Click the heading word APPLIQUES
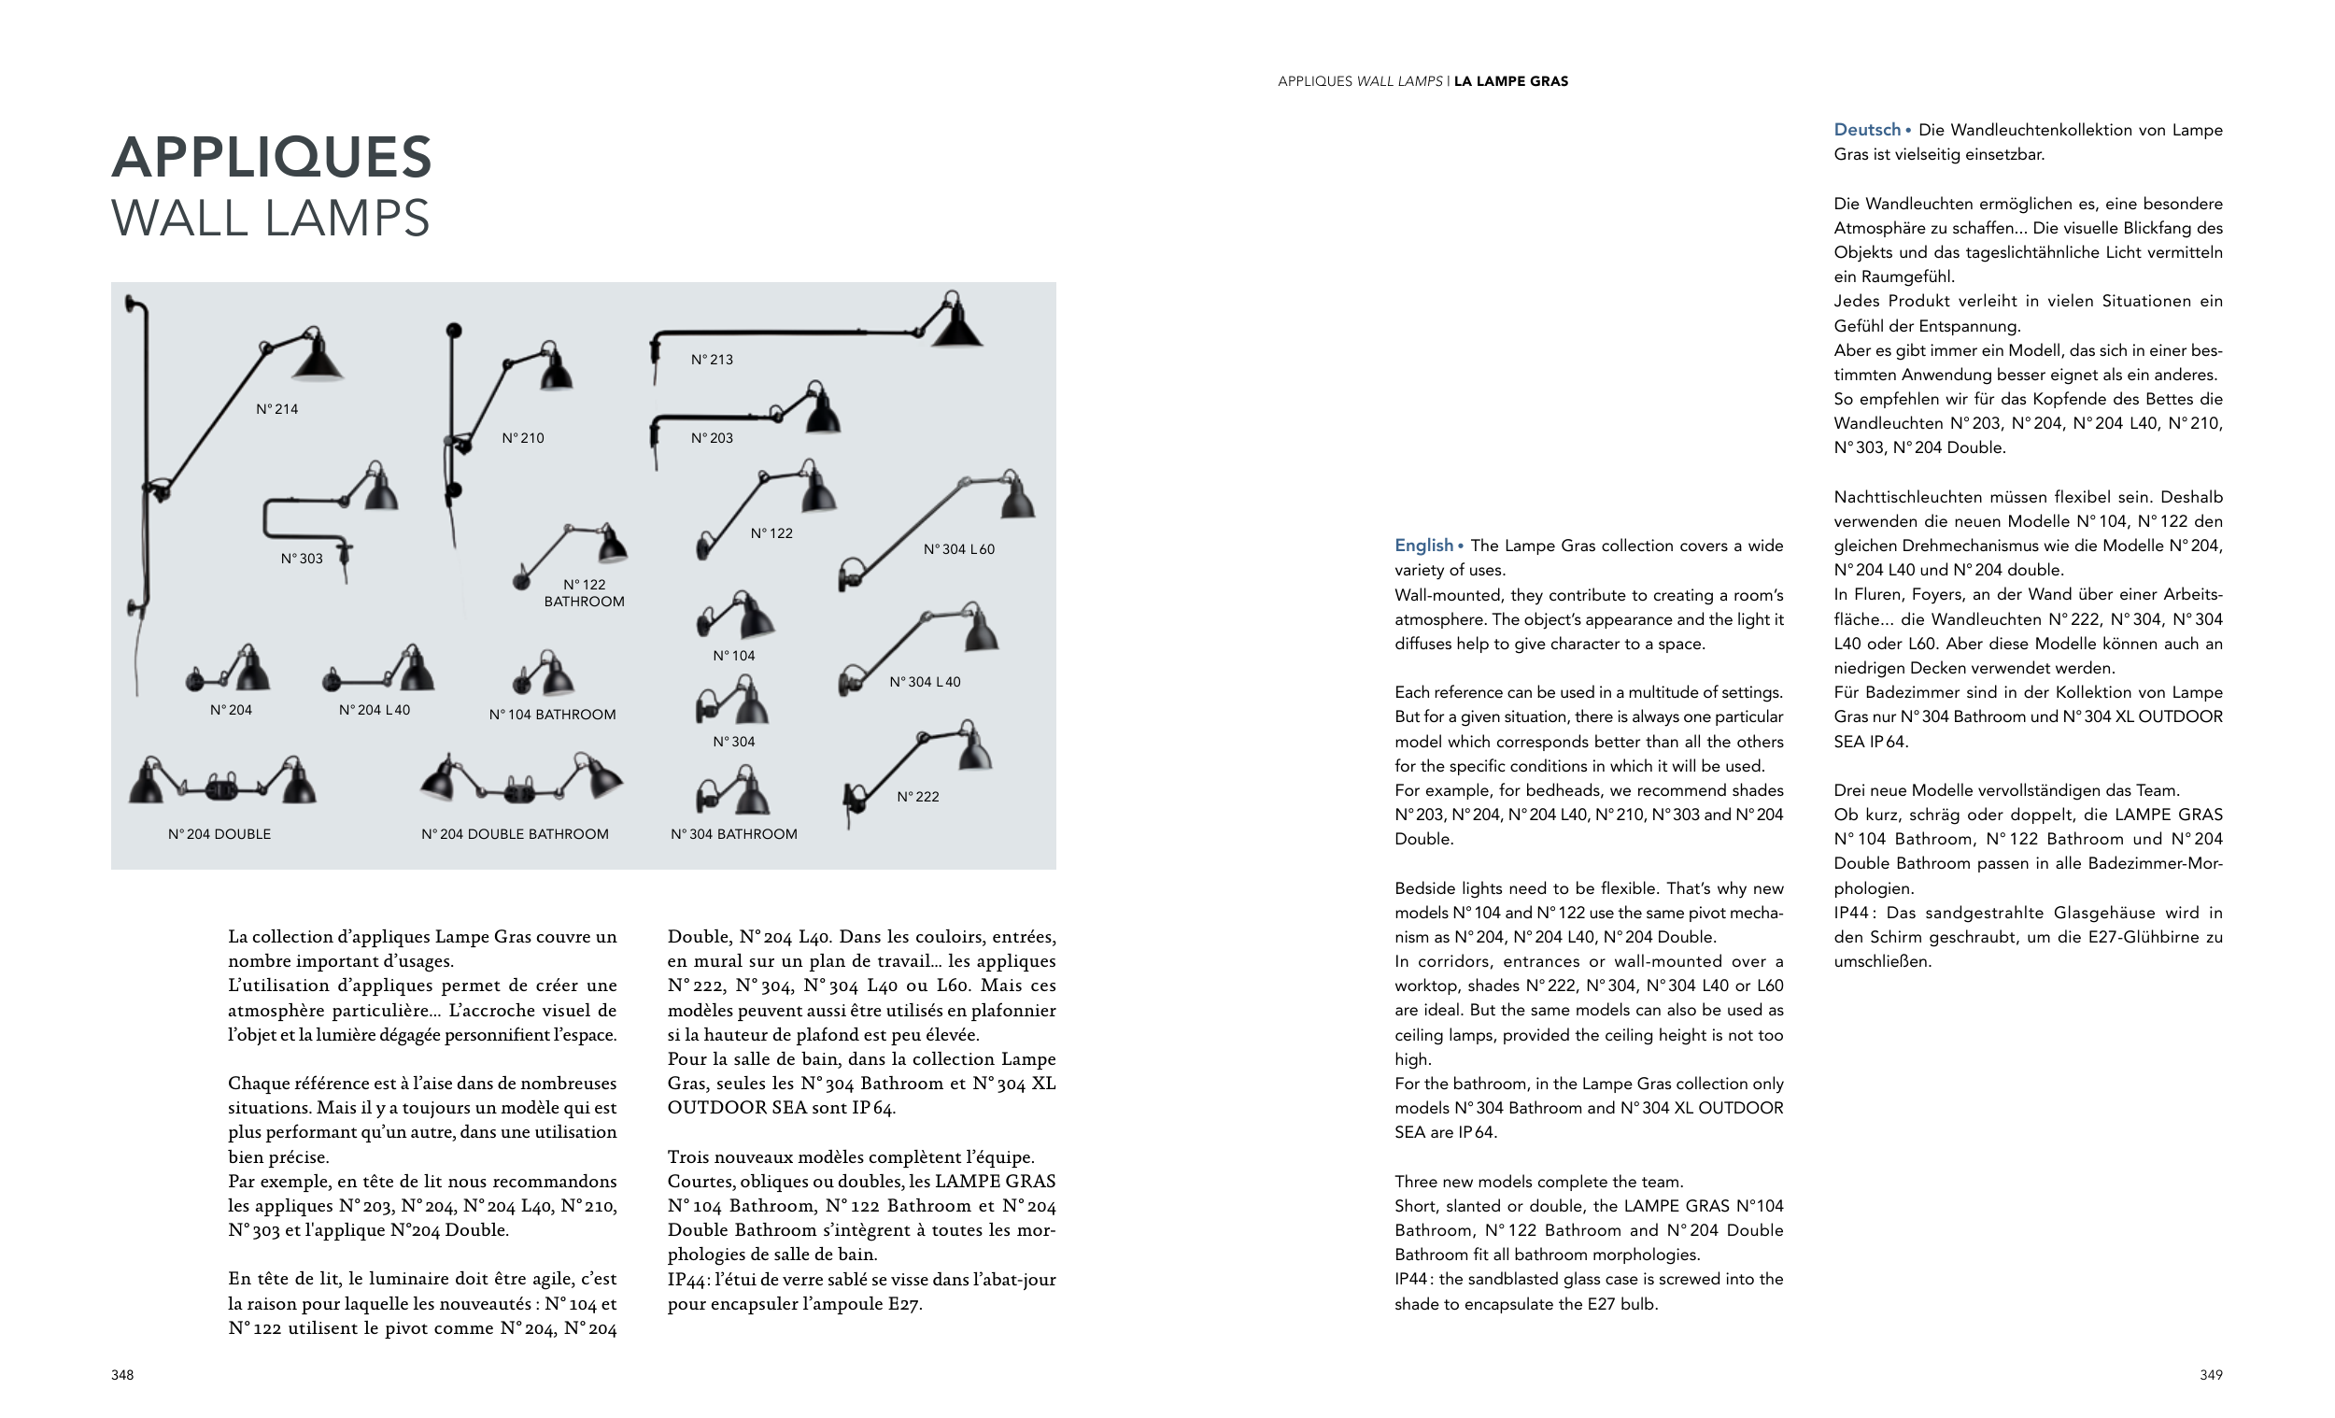272,156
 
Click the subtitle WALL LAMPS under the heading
271,218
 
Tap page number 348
122,1374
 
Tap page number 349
2211,1374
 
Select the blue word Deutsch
1867,130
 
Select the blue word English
1423,545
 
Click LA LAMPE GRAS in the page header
1510,81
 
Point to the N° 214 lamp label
276,409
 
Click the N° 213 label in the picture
712,360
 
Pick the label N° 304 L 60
959,549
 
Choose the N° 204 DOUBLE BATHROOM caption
515,834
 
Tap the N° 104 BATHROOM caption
552,715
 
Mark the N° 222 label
917,796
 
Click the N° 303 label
302,559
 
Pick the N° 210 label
523,438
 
